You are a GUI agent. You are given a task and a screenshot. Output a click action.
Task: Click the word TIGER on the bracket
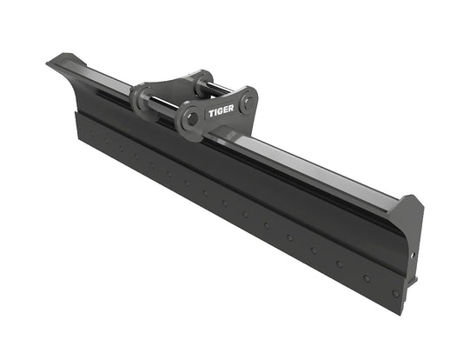pos(221,111)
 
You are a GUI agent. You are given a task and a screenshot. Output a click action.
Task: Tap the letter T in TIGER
pos(211,113)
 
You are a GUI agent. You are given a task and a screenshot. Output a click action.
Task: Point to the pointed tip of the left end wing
pos(50,61)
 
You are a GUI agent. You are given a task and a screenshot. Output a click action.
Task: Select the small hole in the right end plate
pos(414,255)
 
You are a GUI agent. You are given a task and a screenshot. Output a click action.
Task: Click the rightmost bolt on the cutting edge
pos(395,293)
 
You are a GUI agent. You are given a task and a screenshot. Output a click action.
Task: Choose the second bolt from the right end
pos(366,277)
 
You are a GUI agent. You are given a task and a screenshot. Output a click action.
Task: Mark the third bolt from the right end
pos(338,263)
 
